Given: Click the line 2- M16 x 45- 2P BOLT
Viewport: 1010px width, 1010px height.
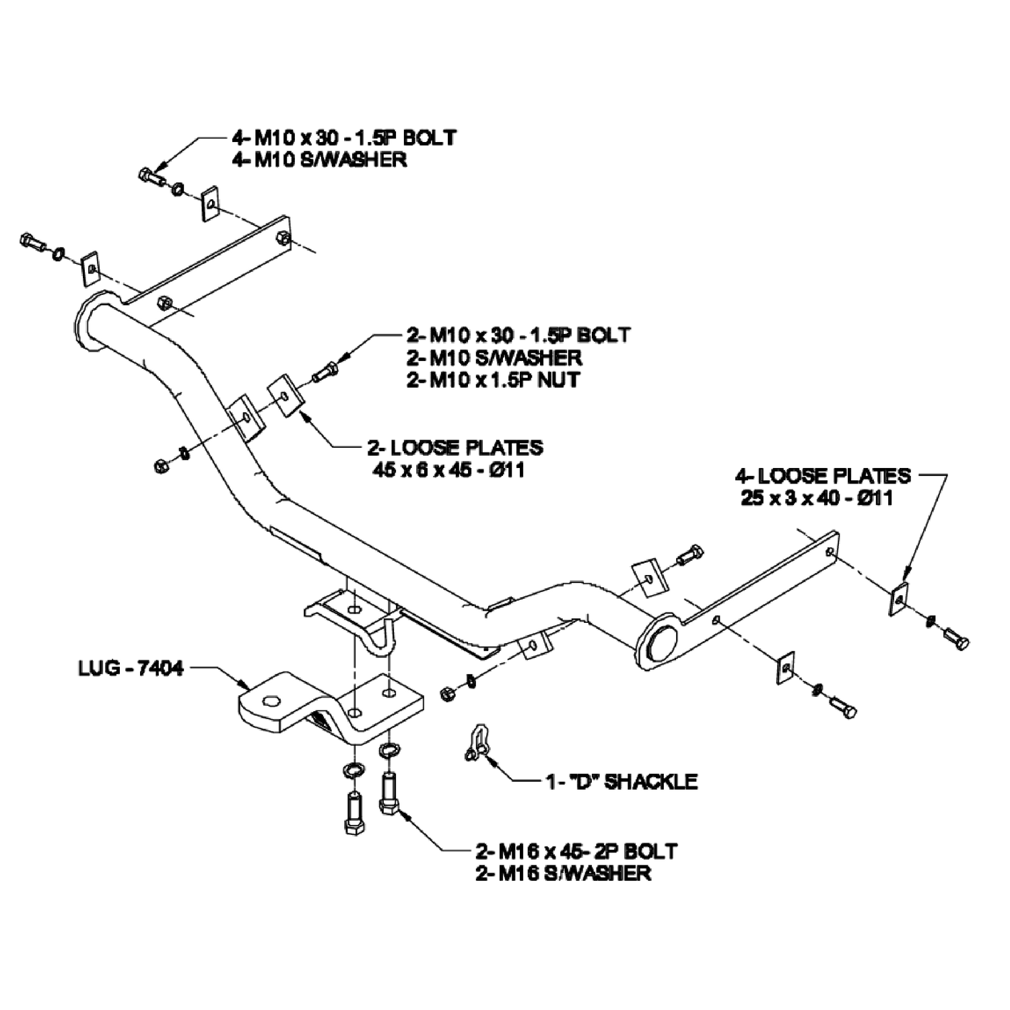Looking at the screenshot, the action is (576, 850).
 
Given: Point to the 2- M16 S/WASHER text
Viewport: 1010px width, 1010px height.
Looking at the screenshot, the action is (563, 873).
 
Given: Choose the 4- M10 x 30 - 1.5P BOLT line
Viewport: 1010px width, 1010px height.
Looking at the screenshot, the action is (344, 137).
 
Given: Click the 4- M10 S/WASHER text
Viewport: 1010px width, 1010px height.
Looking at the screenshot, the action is (319, 160).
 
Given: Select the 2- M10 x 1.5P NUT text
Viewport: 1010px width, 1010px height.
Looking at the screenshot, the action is (493, 380).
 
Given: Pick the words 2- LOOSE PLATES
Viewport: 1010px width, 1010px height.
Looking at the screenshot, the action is (455, 447).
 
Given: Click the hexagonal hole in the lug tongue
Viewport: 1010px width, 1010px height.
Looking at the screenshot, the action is (271, 701).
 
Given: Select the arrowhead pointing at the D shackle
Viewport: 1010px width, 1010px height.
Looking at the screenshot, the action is (492, 763).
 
